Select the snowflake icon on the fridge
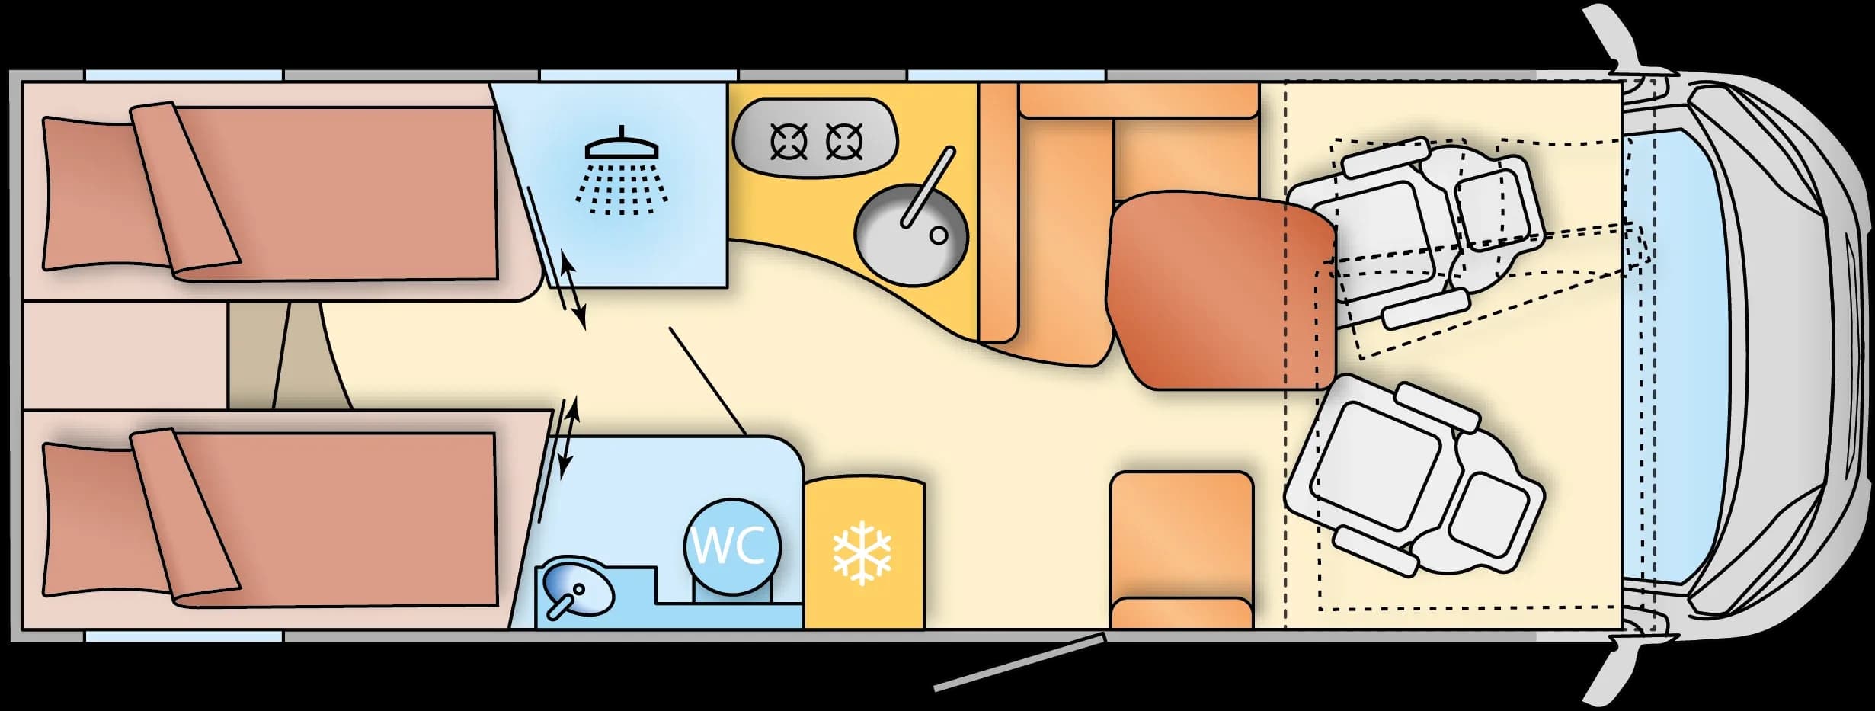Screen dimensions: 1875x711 pos(862,552)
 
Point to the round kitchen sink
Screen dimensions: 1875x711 pos(910,235)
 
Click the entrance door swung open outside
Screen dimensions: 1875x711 pos(1019,661)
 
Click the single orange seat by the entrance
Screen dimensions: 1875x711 pos(1182,550)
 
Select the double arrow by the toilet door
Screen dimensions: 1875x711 pos(567,437)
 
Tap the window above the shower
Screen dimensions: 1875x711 pos(638,75)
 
